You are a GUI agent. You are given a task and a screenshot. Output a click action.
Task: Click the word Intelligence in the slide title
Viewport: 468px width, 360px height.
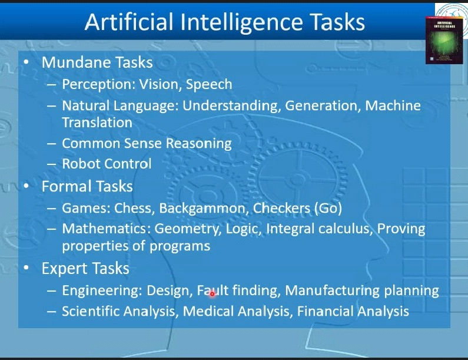pos(242,23)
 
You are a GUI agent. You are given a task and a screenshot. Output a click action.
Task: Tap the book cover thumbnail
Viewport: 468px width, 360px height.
pos(444,40)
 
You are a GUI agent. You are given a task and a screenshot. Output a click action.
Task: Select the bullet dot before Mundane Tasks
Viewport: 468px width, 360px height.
pos(26,62)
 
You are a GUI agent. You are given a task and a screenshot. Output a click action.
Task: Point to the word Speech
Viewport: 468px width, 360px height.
pos(209,85)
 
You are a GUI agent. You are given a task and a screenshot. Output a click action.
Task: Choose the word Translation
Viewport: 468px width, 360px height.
pos(97,123)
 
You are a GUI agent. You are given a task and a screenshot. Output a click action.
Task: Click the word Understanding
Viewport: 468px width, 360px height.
pos(231,106)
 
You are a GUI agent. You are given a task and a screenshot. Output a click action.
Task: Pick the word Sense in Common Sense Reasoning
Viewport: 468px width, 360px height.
pos(143,143)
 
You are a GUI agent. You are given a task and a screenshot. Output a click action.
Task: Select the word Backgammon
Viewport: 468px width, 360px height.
pos(204,209)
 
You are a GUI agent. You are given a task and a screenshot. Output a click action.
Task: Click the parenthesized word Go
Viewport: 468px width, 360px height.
pos(328,208)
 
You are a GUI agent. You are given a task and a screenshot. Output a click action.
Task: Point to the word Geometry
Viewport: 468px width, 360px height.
pos(188,229)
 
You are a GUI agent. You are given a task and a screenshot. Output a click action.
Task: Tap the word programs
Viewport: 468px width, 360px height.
pos(180,247)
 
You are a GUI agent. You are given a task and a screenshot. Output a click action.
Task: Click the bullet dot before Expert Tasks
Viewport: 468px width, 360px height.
pos(26,268)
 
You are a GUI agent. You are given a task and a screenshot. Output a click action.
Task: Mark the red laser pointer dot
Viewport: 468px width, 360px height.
pos(212,294)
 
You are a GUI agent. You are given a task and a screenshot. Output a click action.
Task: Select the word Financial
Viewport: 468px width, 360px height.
pos(325,311)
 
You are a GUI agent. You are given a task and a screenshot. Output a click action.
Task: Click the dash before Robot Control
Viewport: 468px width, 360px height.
pos(51,164)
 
